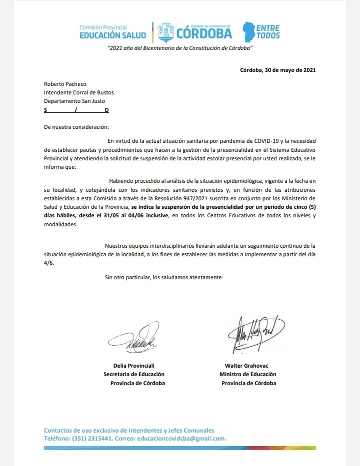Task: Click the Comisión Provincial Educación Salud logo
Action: pos(112,31)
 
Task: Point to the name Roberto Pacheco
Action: pos(61,84)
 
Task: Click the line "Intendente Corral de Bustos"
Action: pos(79,92)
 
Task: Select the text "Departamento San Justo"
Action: pos(74,101)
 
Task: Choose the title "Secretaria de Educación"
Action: pos(134,374)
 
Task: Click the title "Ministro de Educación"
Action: pos(248,374)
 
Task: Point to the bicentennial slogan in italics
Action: pos(179,47)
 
